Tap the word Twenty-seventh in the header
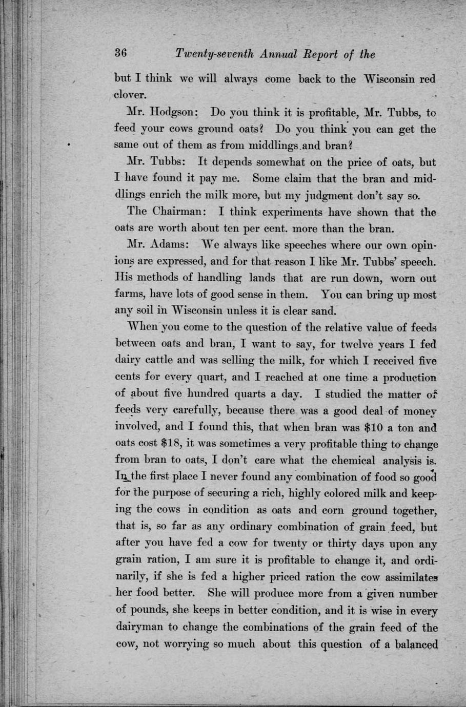209,54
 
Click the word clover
130,95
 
